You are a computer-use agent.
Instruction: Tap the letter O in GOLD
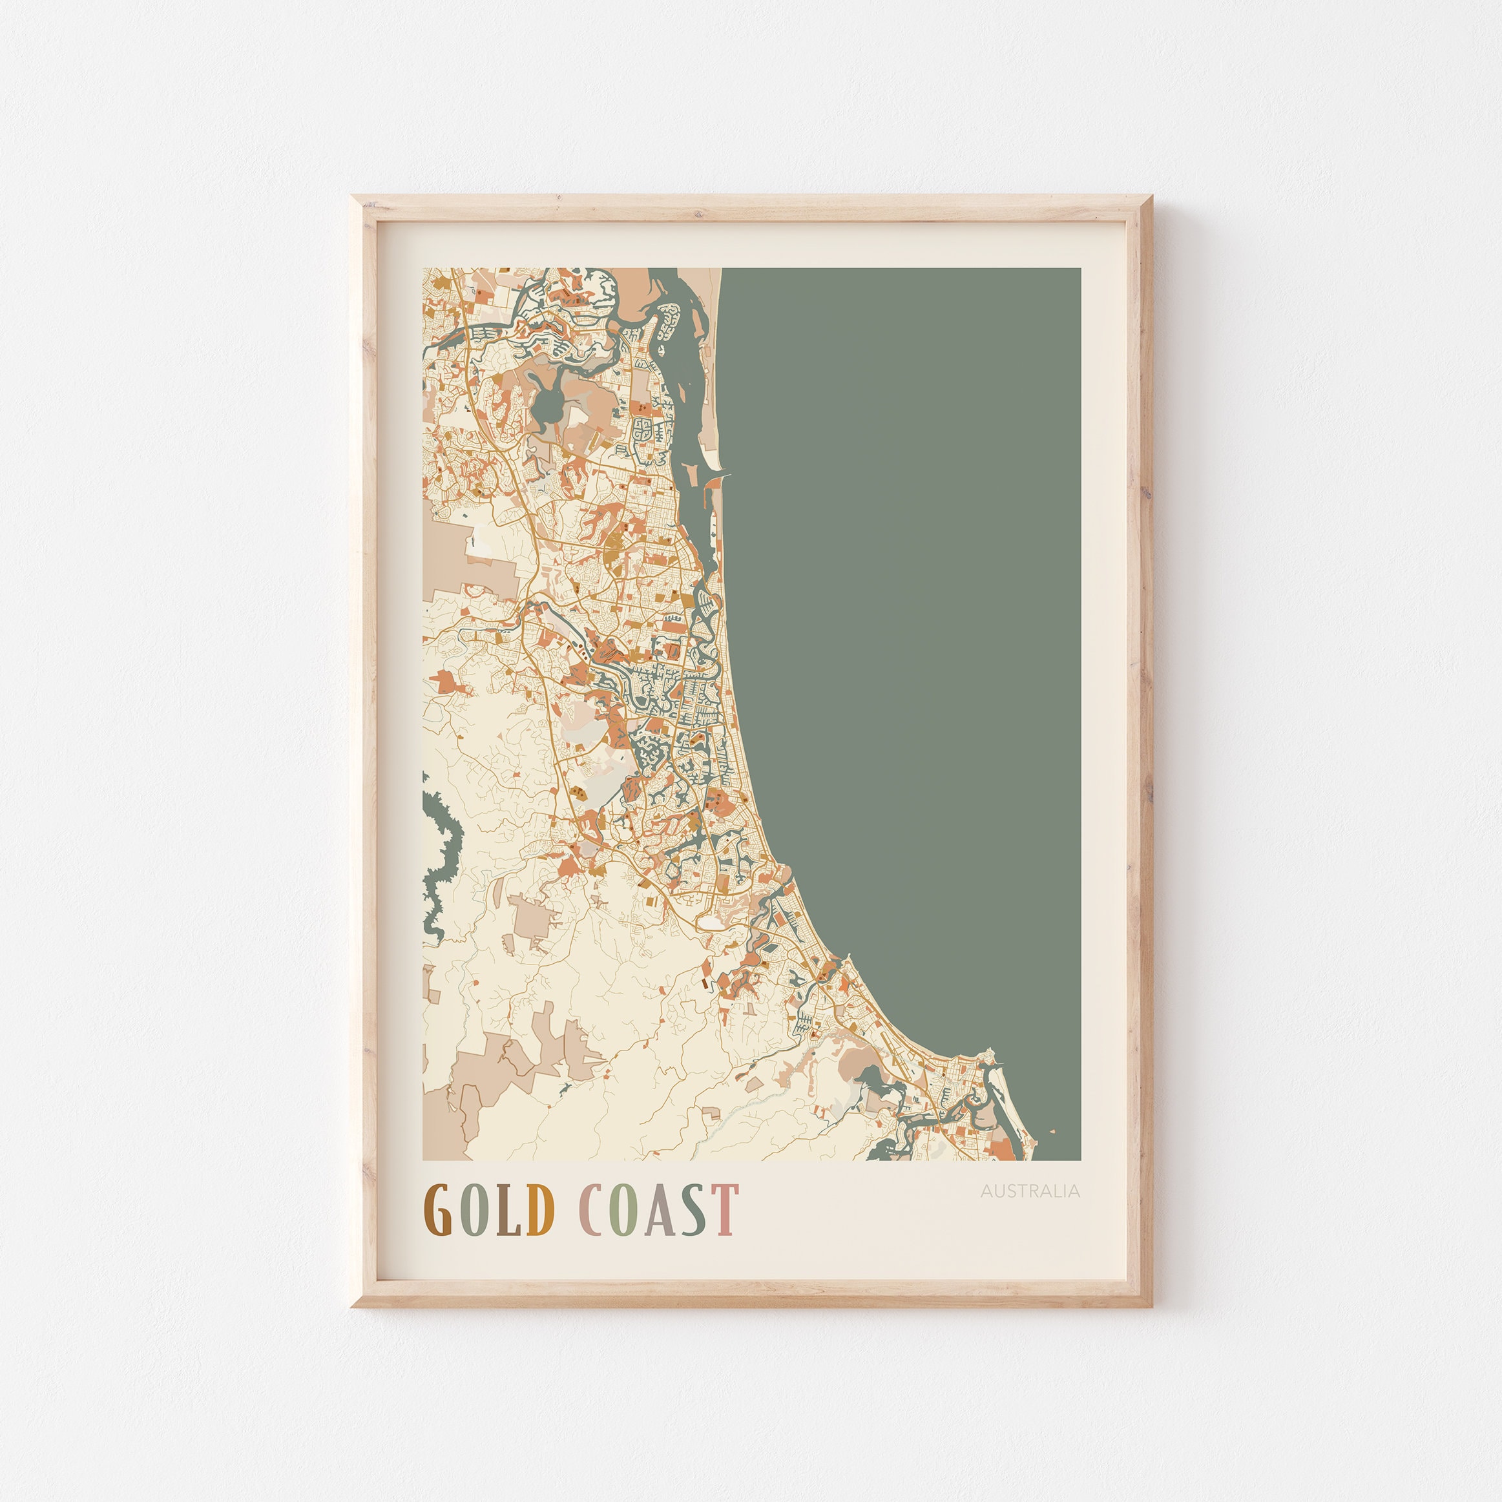(472, 1211)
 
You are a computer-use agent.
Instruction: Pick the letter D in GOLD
(539, 1211)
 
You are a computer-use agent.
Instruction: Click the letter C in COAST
(594, 1211)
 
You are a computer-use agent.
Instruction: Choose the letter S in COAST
(694, 1211)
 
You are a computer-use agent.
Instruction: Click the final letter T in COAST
(725, 1211)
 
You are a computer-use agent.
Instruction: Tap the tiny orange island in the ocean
(1052, 1132)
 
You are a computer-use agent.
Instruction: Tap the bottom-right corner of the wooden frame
(1151, 1306)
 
